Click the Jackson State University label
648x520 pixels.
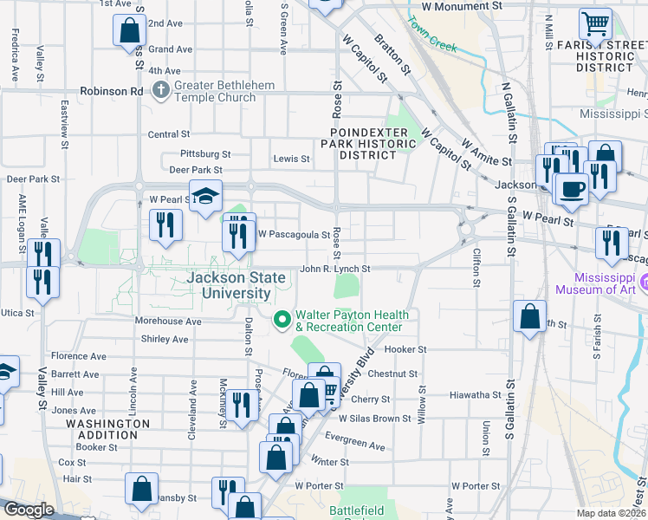(x=230, y=286)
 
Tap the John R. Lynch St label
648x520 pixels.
(x=334, y=270)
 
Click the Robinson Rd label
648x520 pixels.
(x=111, y=90)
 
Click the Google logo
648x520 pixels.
(x=28, y=510)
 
